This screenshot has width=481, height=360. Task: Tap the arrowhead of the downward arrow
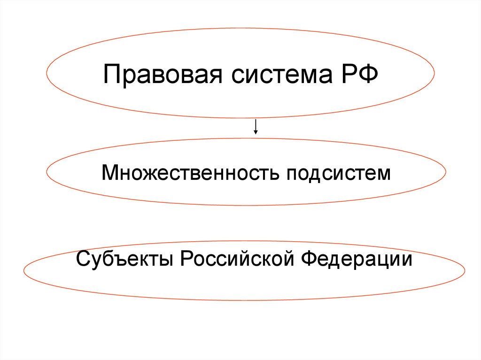[256, 132]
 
